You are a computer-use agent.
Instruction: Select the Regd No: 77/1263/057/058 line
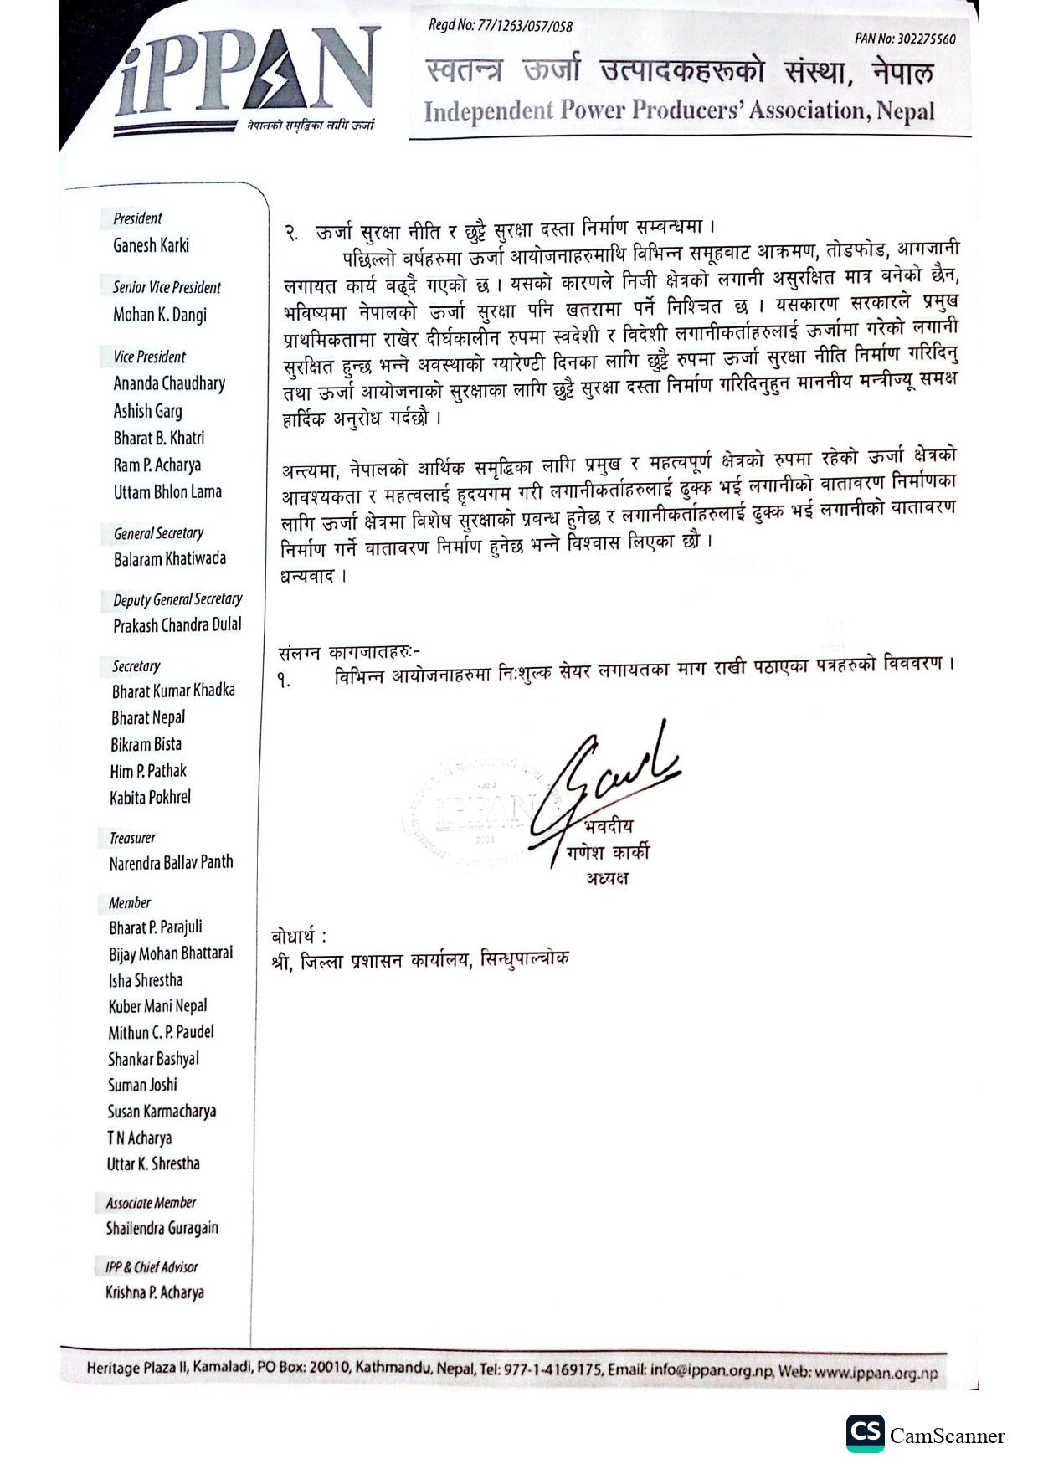[500, 26]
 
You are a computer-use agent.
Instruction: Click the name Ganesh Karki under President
[152, 245]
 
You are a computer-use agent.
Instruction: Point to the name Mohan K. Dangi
[160, 315]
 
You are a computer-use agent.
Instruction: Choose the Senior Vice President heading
[167, 287]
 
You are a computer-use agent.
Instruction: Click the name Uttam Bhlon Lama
[167, 491]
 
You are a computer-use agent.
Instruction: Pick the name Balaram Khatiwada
[170, 558]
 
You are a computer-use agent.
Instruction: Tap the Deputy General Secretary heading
[177, 599]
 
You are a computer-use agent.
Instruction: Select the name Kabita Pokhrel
[151, 797]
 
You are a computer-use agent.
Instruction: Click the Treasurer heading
[132, 838]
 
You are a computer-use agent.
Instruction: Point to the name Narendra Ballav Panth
[171, 862]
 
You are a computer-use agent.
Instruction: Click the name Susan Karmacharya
[162, 1111]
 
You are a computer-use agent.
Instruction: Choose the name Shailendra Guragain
[162, 1228]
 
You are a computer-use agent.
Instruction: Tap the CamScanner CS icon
[865, 1434]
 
